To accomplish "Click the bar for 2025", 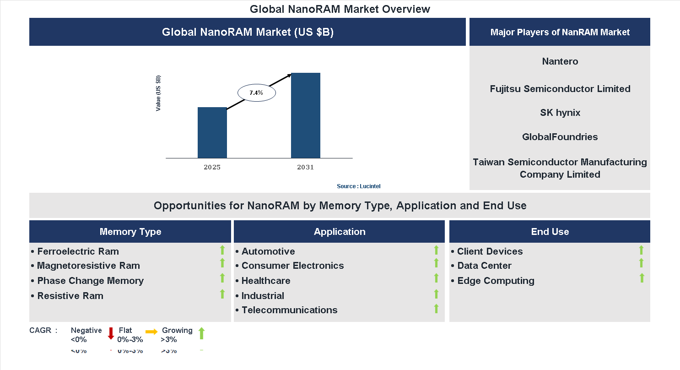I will (212, 133).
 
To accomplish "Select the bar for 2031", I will (305, 115).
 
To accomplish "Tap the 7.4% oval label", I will (256, 93).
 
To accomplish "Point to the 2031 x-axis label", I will (305, 167).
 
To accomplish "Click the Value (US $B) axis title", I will (158, 93).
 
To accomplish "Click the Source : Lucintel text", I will (358, 186).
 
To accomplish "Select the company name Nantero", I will (560, 61).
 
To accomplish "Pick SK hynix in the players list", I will (560, 113).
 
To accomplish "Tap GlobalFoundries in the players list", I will (560, 137).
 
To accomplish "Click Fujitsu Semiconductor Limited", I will (560, 89).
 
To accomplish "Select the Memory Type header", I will (130, 232).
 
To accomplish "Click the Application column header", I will (339, 232).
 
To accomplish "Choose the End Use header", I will (550, 232).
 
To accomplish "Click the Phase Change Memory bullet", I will (90, 281).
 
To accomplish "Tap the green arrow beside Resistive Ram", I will (222, 294).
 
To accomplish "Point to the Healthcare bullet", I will (265, 281).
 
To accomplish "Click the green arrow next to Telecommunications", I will (436, 309).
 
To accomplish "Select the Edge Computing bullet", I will (496, 281).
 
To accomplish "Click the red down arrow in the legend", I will (111, 333).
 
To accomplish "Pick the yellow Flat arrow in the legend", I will (151, 332).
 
